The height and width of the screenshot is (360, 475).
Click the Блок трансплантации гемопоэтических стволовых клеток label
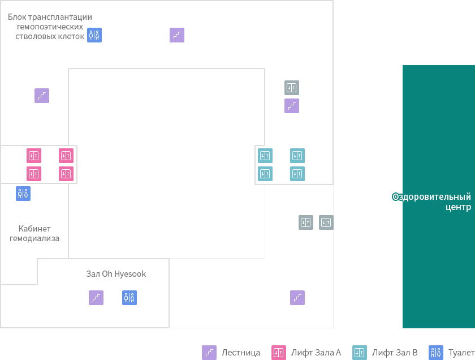click(50, 27)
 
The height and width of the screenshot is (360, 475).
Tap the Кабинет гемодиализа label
click(34, 234)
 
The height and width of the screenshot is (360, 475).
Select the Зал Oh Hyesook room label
click(116, 274)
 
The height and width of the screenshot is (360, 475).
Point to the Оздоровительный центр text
click(431, 202)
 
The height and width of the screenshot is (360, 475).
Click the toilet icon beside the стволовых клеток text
click(94, 35)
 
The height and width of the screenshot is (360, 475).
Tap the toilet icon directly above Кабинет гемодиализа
click(23, 194)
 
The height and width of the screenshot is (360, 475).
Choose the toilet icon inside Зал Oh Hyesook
click(129, 298)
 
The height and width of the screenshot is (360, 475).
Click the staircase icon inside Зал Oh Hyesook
click(96, 298)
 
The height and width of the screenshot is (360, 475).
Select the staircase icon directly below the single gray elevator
click(292, 106)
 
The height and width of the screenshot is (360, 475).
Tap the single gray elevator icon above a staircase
click(292, 88)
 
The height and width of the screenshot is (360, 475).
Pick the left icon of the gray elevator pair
click(306, 222)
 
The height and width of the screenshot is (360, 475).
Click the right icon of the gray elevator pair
click(326, 222)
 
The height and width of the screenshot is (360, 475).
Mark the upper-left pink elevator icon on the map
click(34, 156)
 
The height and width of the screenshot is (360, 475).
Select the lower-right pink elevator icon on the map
click(66, 174)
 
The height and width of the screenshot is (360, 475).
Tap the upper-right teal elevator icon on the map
click(297, 156)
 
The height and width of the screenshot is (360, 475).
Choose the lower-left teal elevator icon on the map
click(265, 174)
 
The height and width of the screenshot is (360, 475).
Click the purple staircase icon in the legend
click(209, 353)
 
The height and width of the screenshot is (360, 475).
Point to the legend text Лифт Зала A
click(316, 353)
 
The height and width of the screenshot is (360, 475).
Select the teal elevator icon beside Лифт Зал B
click(360, 353)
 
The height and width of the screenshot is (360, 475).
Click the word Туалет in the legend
click(461, 353)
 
